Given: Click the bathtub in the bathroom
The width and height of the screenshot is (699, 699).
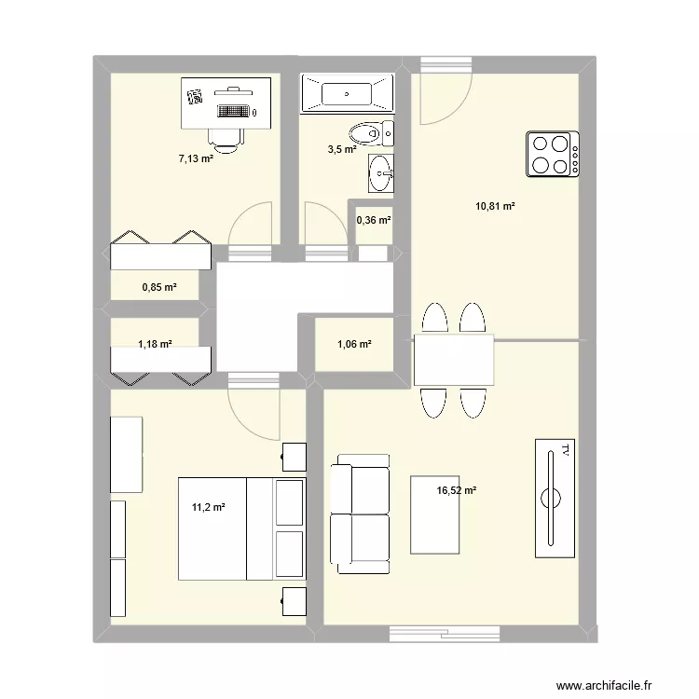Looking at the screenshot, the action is tap(347, 92).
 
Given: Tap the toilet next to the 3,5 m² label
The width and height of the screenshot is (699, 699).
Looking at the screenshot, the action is tap(371, 133).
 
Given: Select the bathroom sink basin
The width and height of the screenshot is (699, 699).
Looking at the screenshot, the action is tap(381, 173).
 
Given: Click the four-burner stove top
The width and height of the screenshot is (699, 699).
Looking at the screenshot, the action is tap(553, 154).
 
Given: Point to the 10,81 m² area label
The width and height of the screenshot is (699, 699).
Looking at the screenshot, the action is tap(495, 206).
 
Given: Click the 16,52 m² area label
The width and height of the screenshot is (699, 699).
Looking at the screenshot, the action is tap(456, 490).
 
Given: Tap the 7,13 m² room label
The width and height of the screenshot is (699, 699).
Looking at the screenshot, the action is tap(196, 158).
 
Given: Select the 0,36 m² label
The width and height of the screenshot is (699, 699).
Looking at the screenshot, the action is tap(374, 220).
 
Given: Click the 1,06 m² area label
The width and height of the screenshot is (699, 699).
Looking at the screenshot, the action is tap(354, 344).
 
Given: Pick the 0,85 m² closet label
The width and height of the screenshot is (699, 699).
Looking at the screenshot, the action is tap(159, 287).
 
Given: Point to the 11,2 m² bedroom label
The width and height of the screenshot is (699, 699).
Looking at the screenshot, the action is tap(208, 507).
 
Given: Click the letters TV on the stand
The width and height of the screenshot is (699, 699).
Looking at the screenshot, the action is tap(566, 450).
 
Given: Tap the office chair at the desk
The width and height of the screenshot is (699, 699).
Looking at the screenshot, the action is tap(226, 140).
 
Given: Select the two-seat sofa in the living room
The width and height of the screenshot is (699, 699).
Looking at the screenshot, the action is tap(360, 514).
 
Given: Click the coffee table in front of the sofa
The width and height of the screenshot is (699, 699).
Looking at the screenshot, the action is tap(434, 514).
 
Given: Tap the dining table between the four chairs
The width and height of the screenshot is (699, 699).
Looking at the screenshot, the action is tap(454, 360).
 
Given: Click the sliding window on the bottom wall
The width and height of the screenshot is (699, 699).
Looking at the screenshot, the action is tap(445, 634).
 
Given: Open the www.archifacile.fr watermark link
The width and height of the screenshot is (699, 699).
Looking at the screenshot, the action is tap(604, 685).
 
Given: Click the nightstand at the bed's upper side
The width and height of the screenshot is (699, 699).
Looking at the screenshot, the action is tap(295, 457).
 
